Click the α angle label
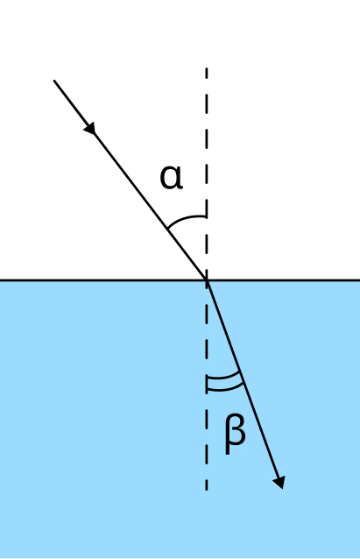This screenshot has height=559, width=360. pyautogui.click(x=172, y=177)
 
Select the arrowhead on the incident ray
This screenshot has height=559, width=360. pyautogui.click(x=90, y=128)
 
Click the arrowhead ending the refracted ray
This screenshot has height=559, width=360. pyautogui.click(x=279, y=483)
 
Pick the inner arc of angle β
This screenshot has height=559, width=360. pyautogui.click(x=224, y=375)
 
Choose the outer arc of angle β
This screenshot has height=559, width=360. pyautogui.click(x=226, y=389)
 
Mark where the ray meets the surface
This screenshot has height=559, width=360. pyautogui.click(x=207, y=280)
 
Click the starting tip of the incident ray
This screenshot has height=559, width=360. pyautogui.click(x=54, y=81)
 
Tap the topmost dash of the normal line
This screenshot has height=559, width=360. pyautogui.click(x=207, y=74)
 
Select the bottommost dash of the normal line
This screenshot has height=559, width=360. pyautogui.click(x=207, y=485)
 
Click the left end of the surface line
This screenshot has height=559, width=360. pyautogui.click(x=1, y=280)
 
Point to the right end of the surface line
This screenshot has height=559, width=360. pyautogui.click(x=359, y=280)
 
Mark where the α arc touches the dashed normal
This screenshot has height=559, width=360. pyautogui.click(x=207, y=216)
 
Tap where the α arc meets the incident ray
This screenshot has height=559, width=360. pyautogui.click(x=168, y=228)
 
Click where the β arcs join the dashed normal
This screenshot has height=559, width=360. pyautogui.click(x=207, y=383)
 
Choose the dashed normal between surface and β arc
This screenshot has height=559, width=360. pyautogui.click(x=207, y=328)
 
